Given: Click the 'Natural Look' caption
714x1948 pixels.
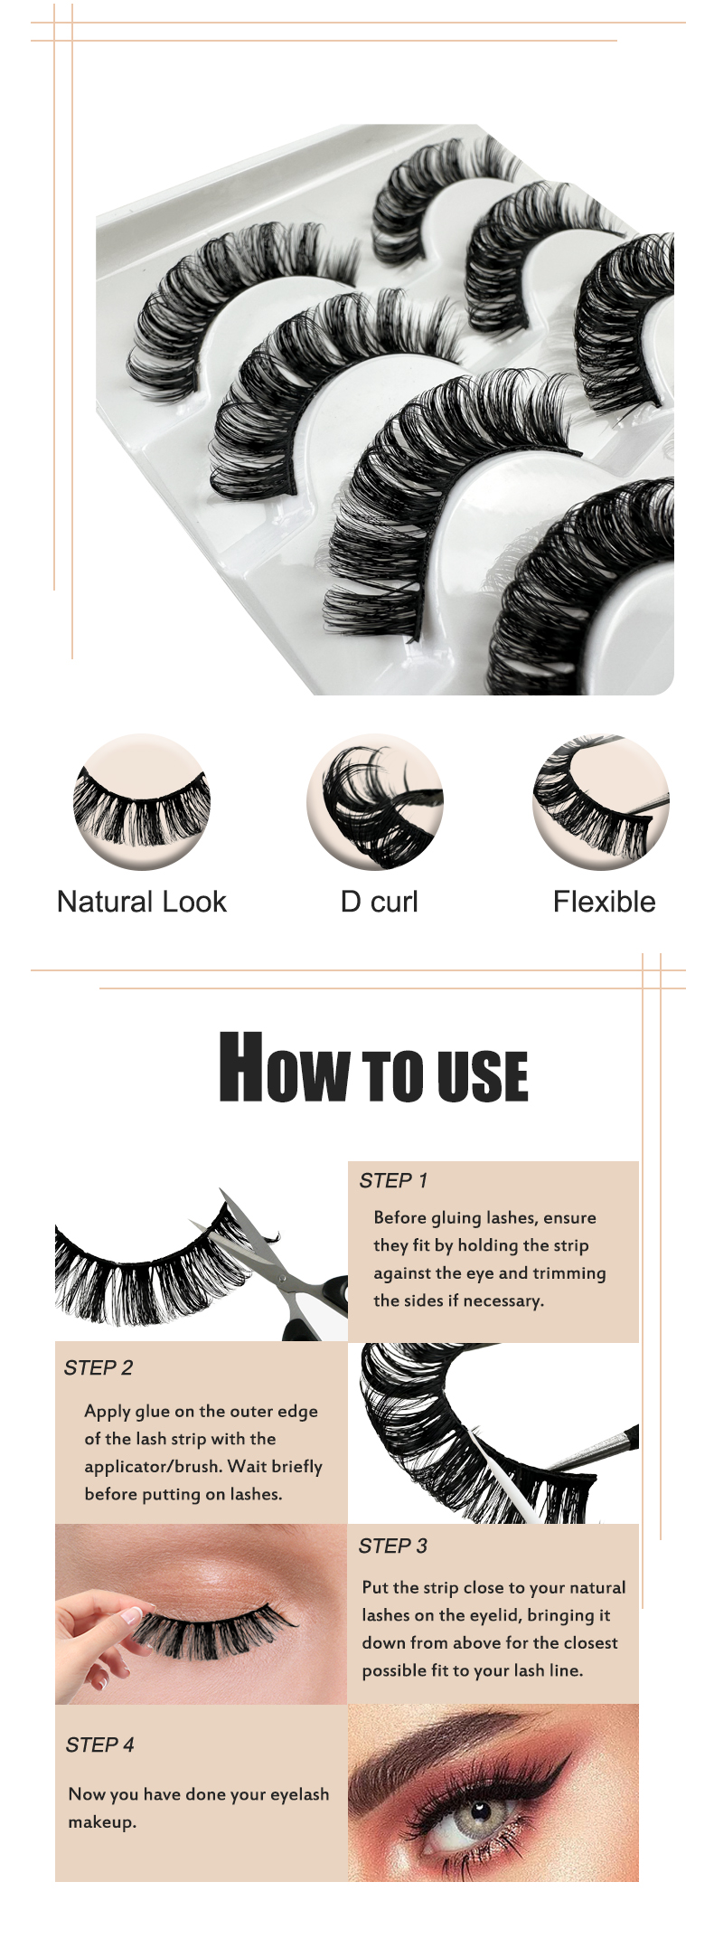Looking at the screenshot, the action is (141, 902).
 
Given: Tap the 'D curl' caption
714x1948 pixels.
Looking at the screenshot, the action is (379, 902).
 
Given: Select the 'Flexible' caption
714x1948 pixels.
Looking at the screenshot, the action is (604, 902).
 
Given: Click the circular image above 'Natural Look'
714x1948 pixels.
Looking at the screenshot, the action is (142, 801).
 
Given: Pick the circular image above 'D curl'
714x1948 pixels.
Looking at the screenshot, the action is (375, 801).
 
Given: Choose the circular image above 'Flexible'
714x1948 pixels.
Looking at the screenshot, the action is (601, 801).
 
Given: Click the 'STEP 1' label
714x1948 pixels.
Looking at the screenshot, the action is (393, 1180).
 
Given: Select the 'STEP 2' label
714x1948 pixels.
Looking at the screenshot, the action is (98, 1367).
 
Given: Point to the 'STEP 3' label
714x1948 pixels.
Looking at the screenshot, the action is (392, 1546).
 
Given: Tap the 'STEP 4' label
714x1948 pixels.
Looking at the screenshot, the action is (99, 1745).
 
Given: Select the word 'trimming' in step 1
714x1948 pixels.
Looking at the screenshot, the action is (568, 1273).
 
